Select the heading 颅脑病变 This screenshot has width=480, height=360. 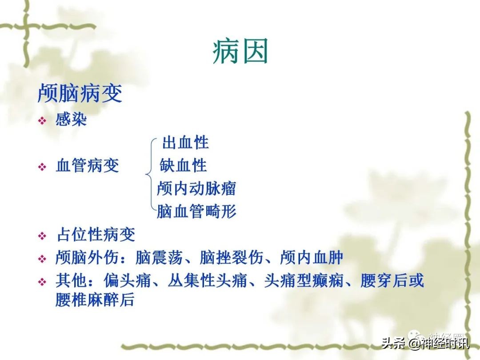point(80,94)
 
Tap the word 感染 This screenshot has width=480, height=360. point(71,120)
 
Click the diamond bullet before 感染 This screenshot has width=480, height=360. point(42,121)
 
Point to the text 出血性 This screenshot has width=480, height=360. point(185,143)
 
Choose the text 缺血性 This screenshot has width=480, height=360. point(184,165)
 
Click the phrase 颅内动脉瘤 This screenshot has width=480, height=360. point(196,188)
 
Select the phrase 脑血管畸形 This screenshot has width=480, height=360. point(196,212)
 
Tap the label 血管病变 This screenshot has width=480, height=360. point(88,166)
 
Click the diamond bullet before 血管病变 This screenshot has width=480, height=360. point(42,167)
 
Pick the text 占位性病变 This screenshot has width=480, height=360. point(96,235)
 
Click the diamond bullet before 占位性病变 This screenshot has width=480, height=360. point(42,236)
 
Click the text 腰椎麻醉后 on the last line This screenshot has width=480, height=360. point(95,300)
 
